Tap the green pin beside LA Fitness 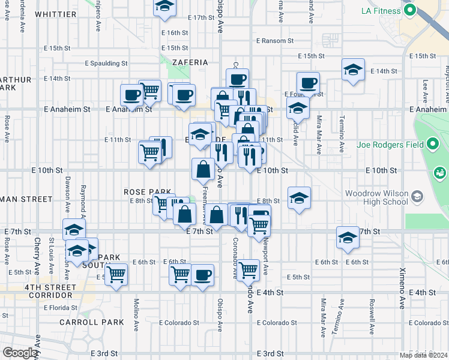(x=411, y=10)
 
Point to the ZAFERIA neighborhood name (x=190, y=62)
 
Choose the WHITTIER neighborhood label (x=56, y=14)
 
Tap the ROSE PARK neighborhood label (x=144, y=191)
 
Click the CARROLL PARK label (x=92, y=322)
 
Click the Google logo (x=20, y=353)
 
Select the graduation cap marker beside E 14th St (x=354, y=70)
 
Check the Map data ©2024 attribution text (x=424, y=355)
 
